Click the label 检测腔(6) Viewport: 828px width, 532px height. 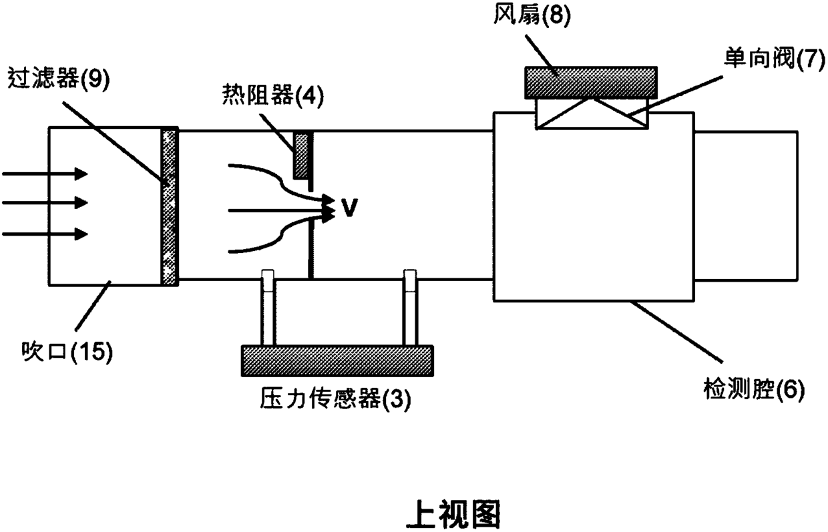[755, 388]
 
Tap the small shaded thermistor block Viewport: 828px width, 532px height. [302, 155]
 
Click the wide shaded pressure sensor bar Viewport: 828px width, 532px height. [337, 360]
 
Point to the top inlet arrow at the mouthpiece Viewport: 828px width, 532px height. [45, 174]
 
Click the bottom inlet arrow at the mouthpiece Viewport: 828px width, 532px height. [45, 234]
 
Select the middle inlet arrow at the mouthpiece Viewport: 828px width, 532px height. [45, 202]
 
